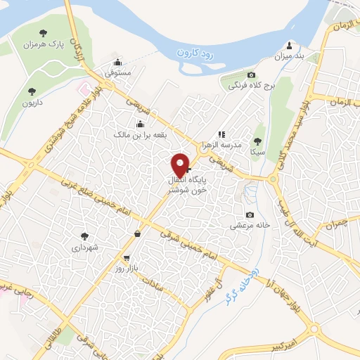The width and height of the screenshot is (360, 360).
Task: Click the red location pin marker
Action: click(181, 165)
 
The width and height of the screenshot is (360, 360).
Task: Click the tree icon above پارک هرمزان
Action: click(44, 32)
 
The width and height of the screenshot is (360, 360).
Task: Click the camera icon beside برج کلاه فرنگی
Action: click(251, 75)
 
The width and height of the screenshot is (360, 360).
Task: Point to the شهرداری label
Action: click(86, 248)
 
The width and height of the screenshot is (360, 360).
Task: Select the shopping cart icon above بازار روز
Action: click(127, 257)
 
